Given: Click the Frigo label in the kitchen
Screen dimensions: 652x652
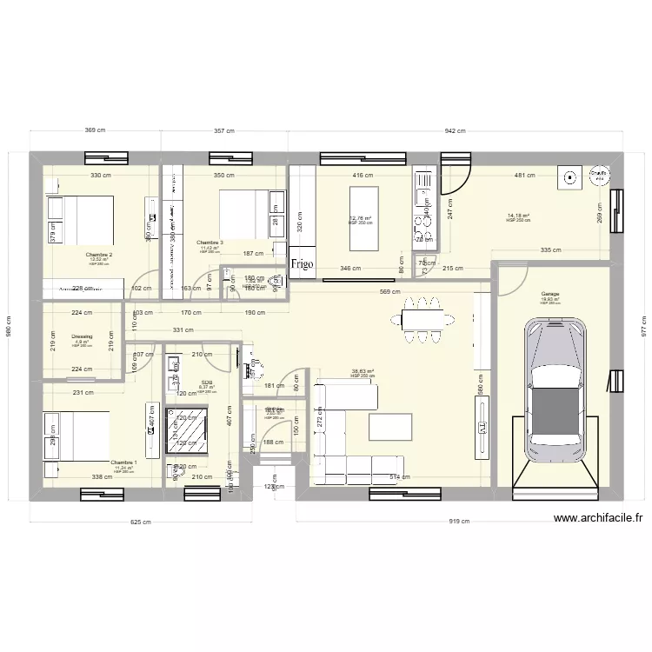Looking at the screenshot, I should [x=303, y=263].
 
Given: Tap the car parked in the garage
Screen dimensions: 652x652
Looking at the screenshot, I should [x=554, y=380].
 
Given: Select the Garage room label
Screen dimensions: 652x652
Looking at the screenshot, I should [x=549, y=294].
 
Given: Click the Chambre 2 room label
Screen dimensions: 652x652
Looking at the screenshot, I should [x=99, y=255].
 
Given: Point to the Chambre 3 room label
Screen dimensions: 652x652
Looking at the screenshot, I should [x=210, y=243].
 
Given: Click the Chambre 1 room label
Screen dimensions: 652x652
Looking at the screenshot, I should [x=123, y=462].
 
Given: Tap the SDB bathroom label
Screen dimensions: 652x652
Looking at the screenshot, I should [x=206, y=382].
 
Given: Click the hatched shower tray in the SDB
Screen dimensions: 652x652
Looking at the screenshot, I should [x=186, y=432].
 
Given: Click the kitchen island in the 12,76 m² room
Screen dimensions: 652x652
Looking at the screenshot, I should [x=363, y=207].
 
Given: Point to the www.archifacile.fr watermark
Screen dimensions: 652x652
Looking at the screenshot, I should [x=598, y=519].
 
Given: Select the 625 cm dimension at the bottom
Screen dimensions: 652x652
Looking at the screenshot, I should [x=141, y=522].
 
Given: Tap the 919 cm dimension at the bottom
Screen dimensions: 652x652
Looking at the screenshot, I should [x=460, y=522].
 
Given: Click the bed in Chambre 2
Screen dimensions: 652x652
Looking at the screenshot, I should [x=80, y=220].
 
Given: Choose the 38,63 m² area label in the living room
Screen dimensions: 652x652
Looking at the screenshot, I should [x=362, y=371].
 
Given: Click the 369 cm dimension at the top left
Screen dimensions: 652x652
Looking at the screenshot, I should [x=96, y=131].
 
